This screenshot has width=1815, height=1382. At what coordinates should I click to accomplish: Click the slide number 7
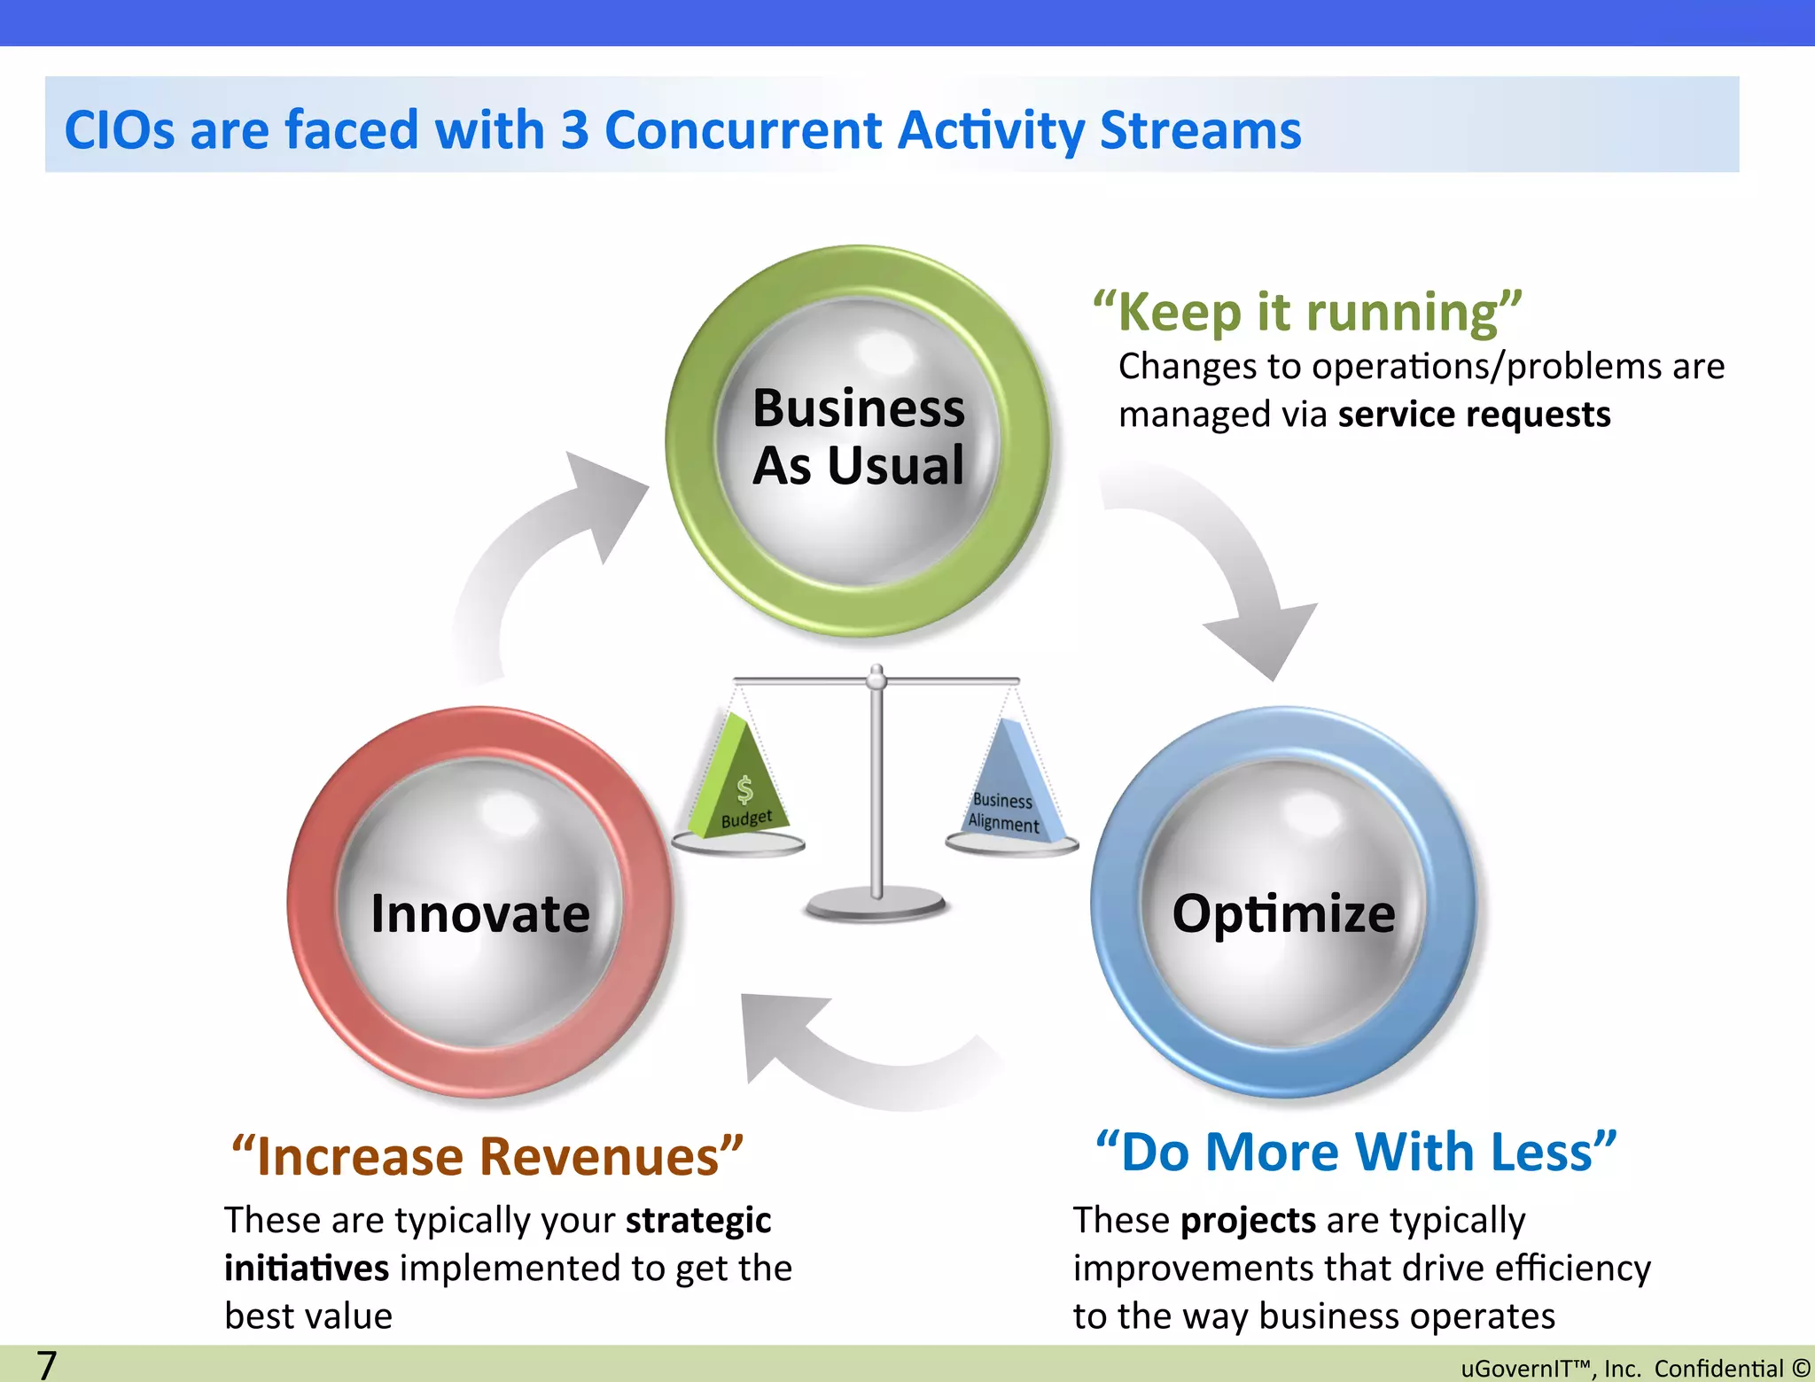46,1364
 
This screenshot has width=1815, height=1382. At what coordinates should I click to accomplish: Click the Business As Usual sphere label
858,437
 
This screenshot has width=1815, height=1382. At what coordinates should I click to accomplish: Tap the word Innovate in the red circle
479,913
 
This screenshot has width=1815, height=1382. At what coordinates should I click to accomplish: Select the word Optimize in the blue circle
1283,913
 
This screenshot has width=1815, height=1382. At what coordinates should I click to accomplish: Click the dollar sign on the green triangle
745,788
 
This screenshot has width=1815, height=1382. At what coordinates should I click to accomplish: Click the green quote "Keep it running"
1306,313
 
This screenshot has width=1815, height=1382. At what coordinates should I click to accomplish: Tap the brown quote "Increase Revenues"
487,1157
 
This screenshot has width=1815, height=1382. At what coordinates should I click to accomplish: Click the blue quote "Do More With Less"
1356,1153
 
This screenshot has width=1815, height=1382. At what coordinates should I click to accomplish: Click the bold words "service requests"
1474,415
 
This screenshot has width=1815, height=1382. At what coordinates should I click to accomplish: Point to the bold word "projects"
1248,1221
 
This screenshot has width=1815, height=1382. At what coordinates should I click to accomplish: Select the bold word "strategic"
697,1221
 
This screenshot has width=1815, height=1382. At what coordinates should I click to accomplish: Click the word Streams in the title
1200,130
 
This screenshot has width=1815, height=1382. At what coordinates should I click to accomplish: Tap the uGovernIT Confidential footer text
1634,1368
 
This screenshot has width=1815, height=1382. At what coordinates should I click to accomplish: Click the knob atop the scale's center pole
876,678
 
